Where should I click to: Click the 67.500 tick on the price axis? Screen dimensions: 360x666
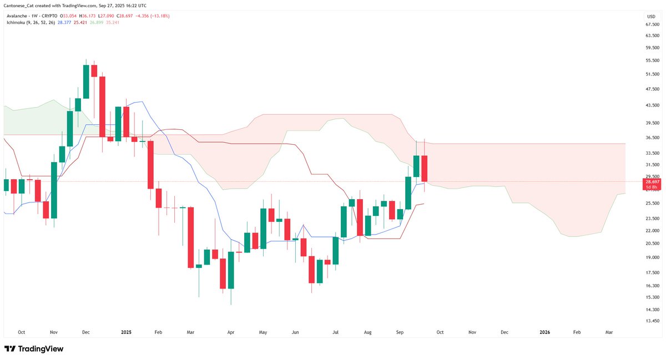click(x=652, y=24)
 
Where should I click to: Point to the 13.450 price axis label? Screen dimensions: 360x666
click(x=652, y=321)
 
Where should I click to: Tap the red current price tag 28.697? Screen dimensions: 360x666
click(x=652, y=181)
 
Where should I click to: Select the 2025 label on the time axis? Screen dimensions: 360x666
click(x=126, y=332)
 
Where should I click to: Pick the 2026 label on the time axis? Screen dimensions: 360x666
click(x=544, y=332)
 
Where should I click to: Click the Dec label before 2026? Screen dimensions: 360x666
click(x=504, y=332)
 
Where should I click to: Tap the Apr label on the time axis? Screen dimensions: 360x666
click(x=230, y=332)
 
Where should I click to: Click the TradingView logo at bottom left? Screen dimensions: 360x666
click(x=34, y=349)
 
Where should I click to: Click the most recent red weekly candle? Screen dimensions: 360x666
click(x=425, y=169)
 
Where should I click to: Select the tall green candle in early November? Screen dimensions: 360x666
click(x=54, y=190)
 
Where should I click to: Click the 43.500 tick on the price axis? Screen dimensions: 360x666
click(x=652, y=105)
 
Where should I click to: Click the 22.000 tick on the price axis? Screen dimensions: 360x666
click(x=652, y=230)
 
